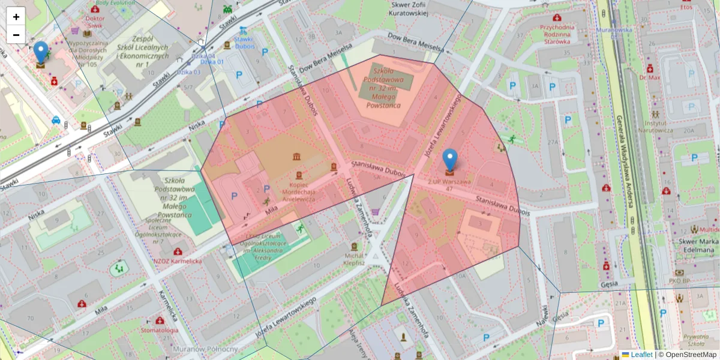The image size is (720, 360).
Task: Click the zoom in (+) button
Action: click(x=16, y=16)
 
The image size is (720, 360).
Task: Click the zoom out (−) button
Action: click(x=16, y=34)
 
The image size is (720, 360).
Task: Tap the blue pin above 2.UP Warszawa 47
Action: click(x=450, y=160)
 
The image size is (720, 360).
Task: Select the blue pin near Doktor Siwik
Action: click(x=41, y=52)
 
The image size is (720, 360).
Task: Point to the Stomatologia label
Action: click(x=159, y=330)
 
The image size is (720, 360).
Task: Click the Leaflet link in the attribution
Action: click(x=641, y=355)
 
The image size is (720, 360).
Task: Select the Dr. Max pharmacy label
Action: click(x=649, y=77)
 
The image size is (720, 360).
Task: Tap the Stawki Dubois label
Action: click(x=244, y=43)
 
